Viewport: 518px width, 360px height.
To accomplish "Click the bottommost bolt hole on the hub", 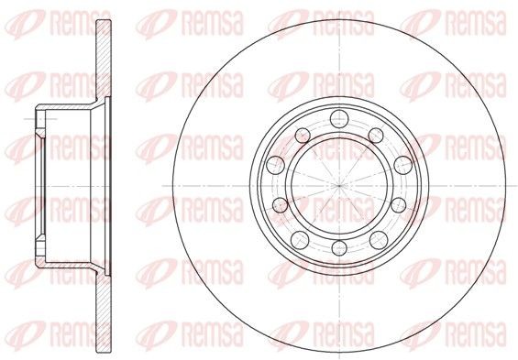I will (x=338, y=247).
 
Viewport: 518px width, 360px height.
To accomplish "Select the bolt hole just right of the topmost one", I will (x=376, y=136).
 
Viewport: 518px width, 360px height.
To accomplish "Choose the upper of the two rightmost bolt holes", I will (x=403, y=165).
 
